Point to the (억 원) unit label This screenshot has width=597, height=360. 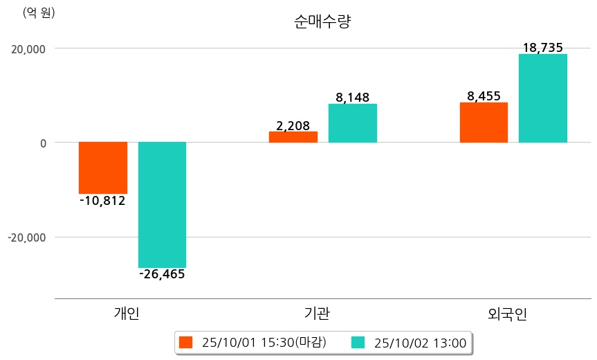pos(39,12)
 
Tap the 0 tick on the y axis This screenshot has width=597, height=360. pos(42,143)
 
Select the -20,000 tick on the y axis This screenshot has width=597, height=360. pos(26,237)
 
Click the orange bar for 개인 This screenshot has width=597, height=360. pos(103,168)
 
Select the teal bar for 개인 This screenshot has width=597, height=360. pos(162,205)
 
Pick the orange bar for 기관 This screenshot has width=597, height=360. pos(293,137)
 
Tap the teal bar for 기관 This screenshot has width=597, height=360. pos(352,123)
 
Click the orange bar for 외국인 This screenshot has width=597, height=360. pos(484,123)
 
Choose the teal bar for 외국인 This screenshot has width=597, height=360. pos(543,98)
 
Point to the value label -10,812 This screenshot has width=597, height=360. pos(102,201)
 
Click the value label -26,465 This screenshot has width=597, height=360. pos(162,275)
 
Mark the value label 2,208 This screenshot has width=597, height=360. pos(293,126)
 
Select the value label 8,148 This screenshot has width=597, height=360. pos(353,98)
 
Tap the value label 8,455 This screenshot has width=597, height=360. pos(484,96)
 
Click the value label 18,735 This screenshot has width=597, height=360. pos(544,48)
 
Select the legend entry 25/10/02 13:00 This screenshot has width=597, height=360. pos(410,343)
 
